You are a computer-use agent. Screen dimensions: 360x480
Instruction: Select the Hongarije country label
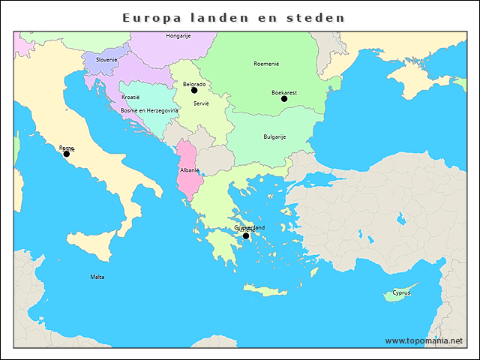point(178,35)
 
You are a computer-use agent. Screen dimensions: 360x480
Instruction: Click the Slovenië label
point(106,59)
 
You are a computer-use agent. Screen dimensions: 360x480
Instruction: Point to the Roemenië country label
point(266,64)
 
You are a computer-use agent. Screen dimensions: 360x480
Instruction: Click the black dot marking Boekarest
point(284,99)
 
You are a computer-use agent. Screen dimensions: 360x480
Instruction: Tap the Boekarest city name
point(284,91)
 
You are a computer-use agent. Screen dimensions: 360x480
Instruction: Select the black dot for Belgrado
point(194,91)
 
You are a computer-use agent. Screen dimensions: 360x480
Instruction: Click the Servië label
point(200,103)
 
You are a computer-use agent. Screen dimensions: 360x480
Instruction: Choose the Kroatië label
point(130,97)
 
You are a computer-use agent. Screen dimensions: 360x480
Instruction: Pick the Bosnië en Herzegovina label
point(149,110)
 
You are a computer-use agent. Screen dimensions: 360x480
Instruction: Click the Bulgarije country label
point(274,136)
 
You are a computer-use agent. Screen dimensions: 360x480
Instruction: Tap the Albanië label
point(189,170)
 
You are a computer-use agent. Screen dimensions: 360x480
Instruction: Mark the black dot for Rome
point(66,154)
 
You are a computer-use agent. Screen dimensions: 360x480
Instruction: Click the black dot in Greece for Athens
point(246,235)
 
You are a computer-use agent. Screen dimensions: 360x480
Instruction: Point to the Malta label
point(97,277)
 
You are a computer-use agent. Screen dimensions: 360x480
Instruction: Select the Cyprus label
point(401,292)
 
